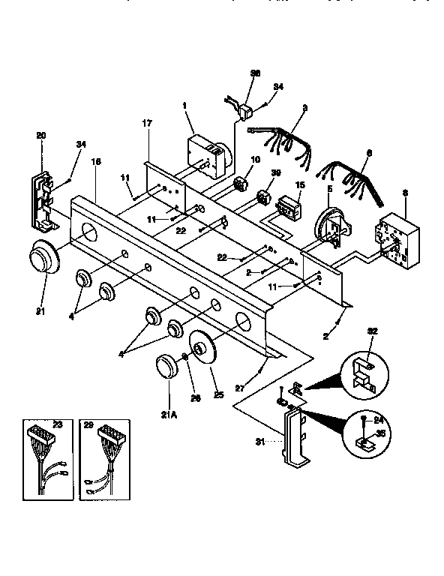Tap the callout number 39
click(275, 173)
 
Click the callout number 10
click(255, 160)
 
